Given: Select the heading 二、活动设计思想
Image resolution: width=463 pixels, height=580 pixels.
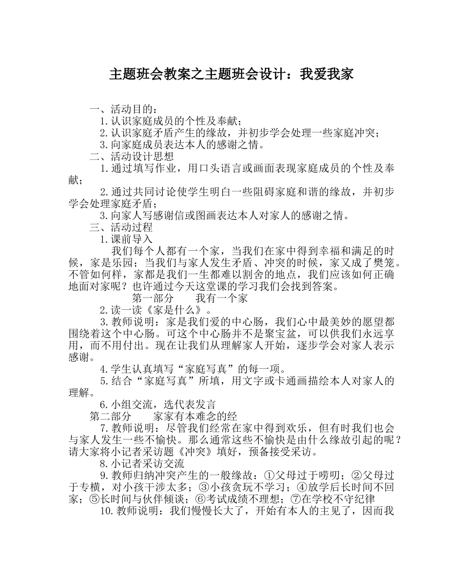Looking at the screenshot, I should pyautogui.click(x=131, y=156).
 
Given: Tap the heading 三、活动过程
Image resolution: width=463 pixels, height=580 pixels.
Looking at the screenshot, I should pyautogui.click(x=121, y=227).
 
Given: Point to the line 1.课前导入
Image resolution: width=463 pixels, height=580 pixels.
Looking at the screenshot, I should pyautogui.click(x=126, y=239).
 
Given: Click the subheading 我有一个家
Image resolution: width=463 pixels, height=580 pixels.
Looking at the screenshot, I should pyautogui.click(x=221, y=298).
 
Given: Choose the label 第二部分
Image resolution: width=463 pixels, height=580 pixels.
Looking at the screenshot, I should pyautogui.click(x=110, y=416).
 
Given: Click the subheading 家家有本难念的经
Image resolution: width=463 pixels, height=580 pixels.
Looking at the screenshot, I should pyautogui.click(x=195, y=416).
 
